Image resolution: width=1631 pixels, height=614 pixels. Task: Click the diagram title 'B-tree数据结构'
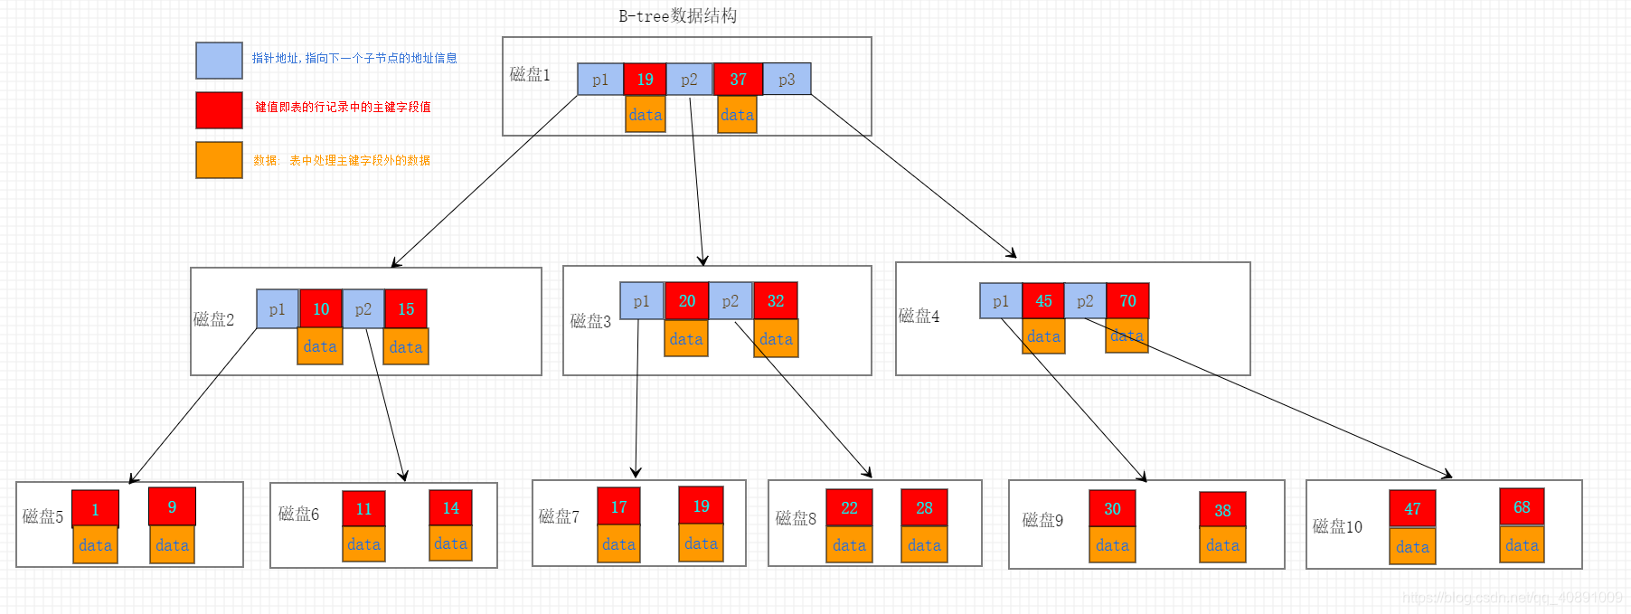click(677, 15)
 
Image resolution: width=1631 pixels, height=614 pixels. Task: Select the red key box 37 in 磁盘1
click(738, 79)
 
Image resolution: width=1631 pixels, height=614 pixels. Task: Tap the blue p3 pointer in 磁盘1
click(787, 79)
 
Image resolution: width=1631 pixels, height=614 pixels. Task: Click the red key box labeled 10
click(321, 308)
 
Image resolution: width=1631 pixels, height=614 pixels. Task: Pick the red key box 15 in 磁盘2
click(406, 308)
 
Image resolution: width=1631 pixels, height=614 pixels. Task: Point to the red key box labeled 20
click(686, 300)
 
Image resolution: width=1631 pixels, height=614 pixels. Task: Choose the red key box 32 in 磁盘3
click(776, 300)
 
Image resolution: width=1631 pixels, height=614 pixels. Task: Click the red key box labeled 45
click(1043, 300)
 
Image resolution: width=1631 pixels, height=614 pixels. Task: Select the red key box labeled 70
click(1127, 300)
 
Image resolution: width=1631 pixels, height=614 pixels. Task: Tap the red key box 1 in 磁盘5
click(95, 508)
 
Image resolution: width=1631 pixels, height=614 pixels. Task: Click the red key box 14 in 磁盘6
click(450, 508)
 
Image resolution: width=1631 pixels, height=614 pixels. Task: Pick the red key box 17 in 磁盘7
click(618, 506)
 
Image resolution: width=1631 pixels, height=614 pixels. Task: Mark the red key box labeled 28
click(924, 507)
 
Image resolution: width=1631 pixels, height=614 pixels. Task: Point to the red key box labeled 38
click(1222, 510)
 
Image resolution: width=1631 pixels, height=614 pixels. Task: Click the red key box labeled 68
click(1522, 506)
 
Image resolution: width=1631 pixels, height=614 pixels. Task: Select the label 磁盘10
click(1337, 526)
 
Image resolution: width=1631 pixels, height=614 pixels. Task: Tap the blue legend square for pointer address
click(219, 61)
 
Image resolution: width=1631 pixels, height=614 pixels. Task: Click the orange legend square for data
click(219, 160)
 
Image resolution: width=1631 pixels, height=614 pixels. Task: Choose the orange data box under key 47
click(1412, 546)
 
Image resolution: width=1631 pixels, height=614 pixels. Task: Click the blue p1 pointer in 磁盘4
click(1000, 301)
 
